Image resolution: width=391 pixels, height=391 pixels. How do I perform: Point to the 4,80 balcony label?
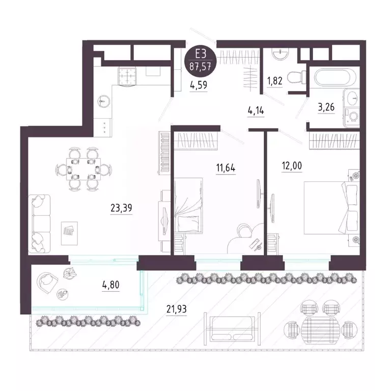(111, 285)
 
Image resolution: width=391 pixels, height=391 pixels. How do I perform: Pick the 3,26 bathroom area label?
(326, 108)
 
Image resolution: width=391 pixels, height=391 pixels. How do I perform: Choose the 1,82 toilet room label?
(275, 79)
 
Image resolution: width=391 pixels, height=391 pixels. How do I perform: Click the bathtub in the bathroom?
(330, 79)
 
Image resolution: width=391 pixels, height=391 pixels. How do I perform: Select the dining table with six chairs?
(83, 167)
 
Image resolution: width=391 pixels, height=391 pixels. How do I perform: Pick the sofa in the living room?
(40, 222)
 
